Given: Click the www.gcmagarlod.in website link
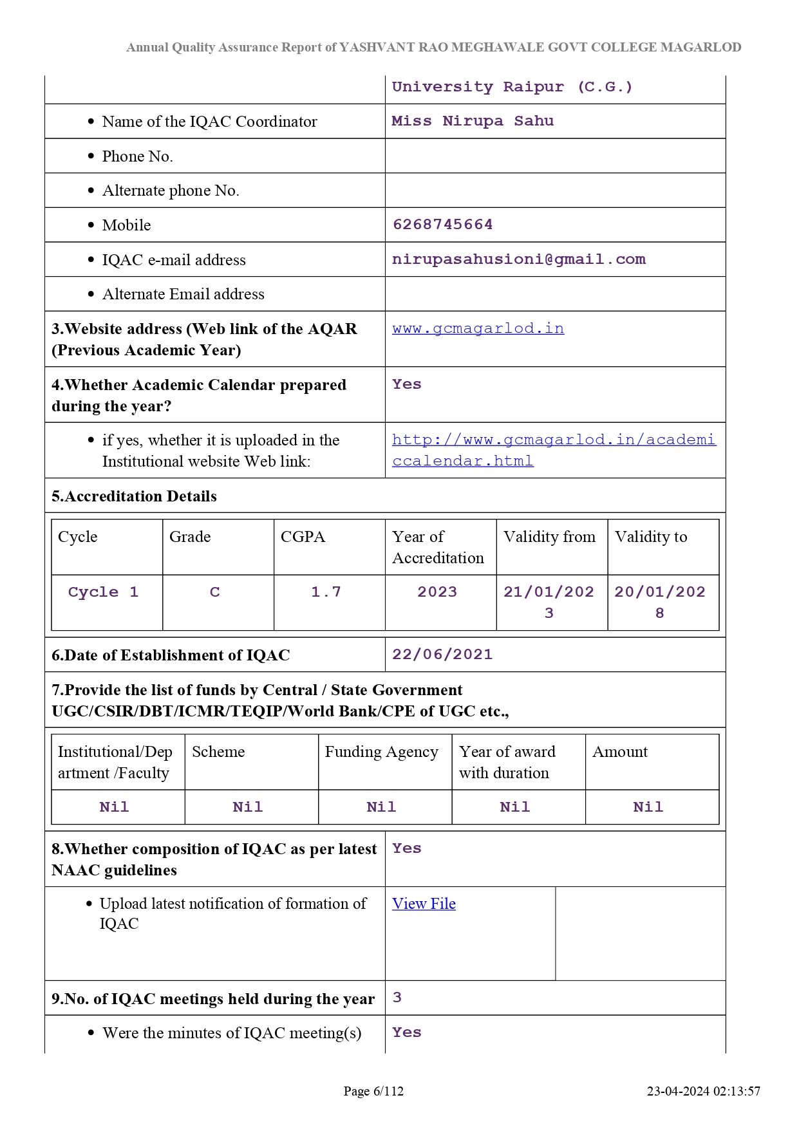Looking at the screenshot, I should (478, 328).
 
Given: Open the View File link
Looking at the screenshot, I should (424, 904).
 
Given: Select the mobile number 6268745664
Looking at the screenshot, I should (442, 225).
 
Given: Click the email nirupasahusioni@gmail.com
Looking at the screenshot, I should (518, 259).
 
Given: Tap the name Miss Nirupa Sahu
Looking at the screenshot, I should (473, 121).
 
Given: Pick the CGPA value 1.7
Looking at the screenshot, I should (326, 592).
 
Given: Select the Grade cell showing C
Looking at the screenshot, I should (215, 592).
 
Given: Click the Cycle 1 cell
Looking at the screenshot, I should (103, 592).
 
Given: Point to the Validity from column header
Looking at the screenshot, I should (549, 537).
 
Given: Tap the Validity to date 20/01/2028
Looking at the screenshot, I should (660, 602).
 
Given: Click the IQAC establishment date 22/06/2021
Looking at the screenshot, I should (442, 655).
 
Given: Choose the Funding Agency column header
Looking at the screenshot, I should (381, 752).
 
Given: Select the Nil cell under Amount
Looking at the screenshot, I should (648, 807).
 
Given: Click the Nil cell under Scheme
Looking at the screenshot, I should (248, 807).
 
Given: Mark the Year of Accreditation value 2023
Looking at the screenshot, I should (437, 592).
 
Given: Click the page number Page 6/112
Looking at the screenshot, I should (373, 1091).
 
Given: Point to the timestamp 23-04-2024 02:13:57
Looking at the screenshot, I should (703, 1091).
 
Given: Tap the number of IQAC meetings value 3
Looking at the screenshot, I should (397, 998).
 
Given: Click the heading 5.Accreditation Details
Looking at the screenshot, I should (134, 496).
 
